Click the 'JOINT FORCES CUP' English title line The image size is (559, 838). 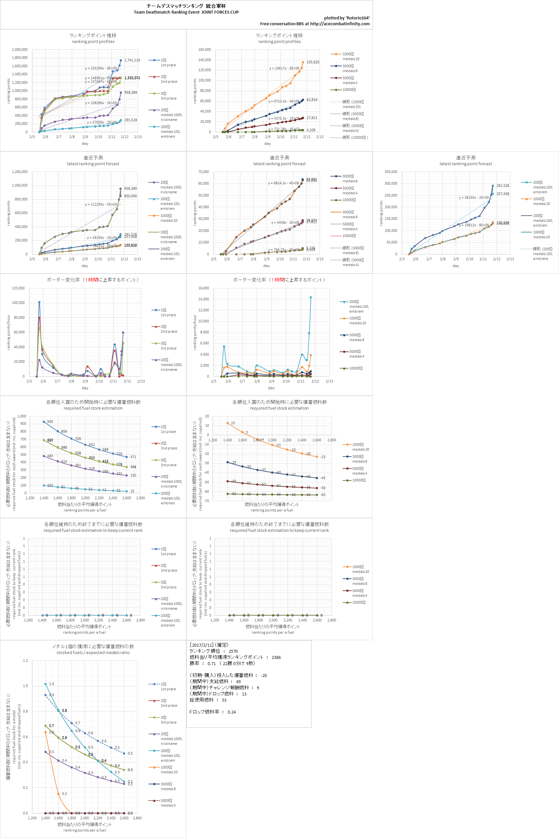pyautogui.click(x=186, y=12)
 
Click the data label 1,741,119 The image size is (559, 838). pyautogui.click(x=132, y=60)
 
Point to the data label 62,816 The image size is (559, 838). pyautogui.click(x=312, y=100)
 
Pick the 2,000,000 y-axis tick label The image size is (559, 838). pyautogui.click(x=20, y=49)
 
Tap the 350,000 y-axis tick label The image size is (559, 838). pyautogui.click(x=391, y=172)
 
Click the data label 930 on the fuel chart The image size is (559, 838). pyautogui.click(x=50, y=422)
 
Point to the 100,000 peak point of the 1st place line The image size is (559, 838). pyautogui.click(x=39, y=302)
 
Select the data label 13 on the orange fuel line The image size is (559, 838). pyautogui.click(x=233, y=423)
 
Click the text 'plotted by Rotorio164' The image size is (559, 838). pyautogui.click(x=346, y=18)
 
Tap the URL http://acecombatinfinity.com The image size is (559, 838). pyautogui.click(x=339, y=24)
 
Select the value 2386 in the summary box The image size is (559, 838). pyautogui.click(x=276, y=657)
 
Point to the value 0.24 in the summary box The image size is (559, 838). pyautogui.click(x=232, y=712)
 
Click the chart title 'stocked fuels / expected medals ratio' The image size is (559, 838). pyautogui.click(x=93, y=652)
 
